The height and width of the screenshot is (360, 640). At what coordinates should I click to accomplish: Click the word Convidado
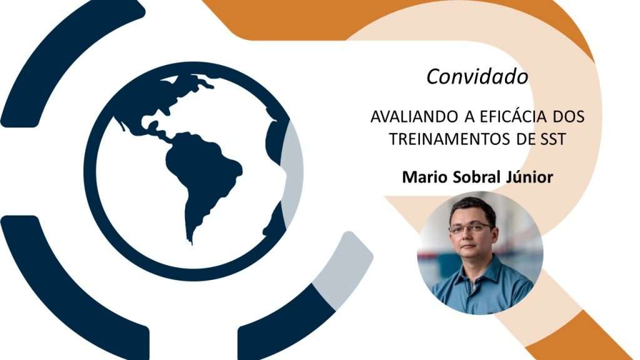click(x=477, y=76)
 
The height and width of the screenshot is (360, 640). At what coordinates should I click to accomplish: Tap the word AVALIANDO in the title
click(x=414, y=117)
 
